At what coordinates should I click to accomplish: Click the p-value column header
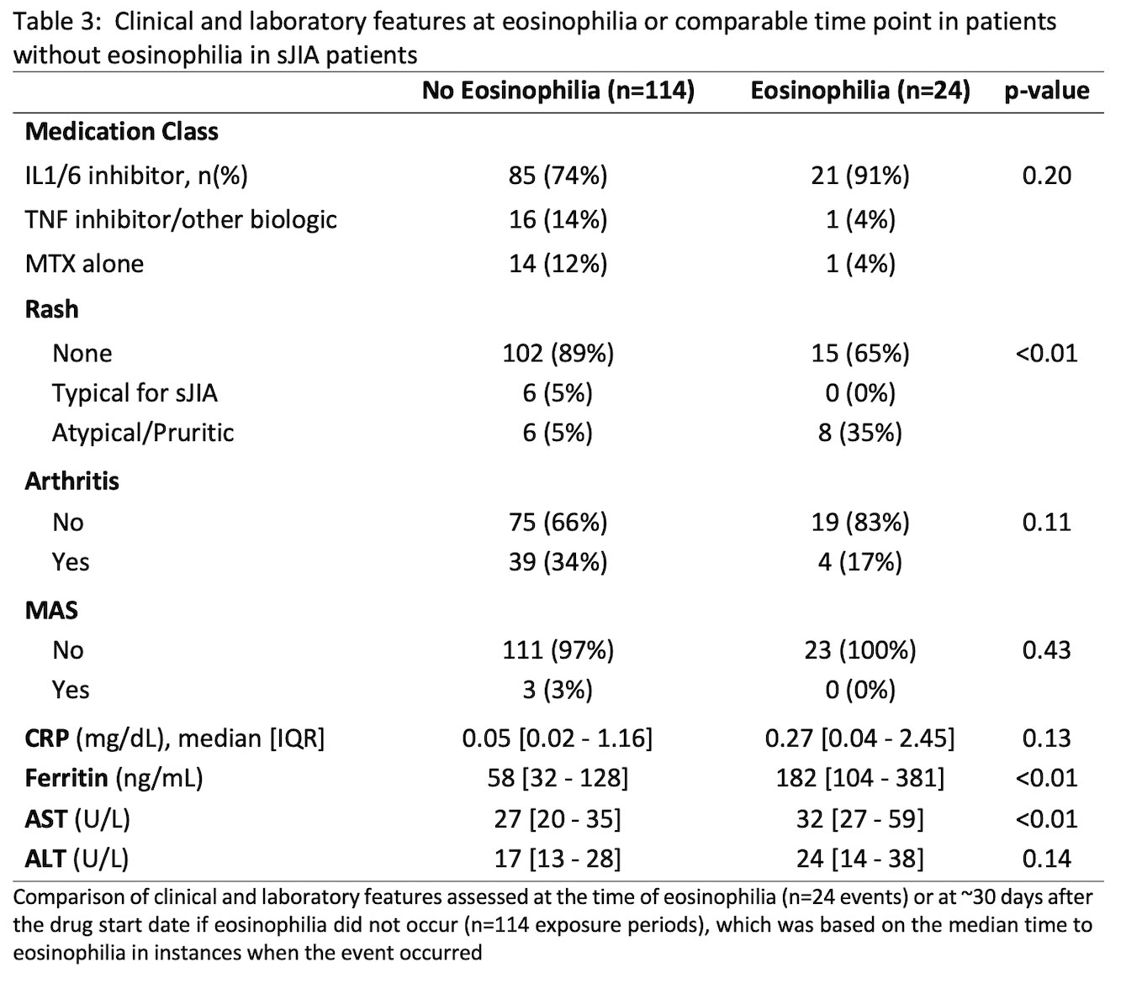coord(1046,90)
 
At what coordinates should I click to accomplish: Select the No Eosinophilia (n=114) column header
coord(558,90)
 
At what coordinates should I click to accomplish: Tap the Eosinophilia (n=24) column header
coord(859,90)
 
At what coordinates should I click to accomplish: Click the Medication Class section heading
coord(122,132)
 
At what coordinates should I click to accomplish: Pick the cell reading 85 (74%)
coord(558,176)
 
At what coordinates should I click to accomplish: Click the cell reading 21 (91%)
coord(859,176)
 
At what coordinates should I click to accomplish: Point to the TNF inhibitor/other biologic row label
coord(181,220)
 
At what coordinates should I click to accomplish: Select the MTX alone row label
coord(84,265)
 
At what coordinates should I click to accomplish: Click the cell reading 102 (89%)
coord(558,353)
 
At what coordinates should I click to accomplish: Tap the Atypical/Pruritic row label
coord(143,433)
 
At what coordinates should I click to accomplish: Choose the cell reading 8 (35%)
coord(859,433)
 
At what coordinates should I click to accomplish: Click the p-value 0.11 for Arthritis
coord(1046,523)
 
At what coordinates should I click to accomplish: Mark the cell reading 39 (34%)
coord(558,562)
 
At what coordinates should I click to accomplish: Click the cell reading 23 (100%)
coord(859,650)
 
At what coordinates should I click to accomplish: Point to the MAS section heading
coord(51,610)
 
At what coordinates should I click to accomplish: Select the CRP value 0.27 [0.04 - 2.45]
coord(859,739)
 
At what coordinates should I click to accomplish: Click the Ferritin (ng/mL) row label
coord(114,778)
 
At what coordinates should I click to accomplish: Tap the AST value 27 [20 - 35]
coord(558,818)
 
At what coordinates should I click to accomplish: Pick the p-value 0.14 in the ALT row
coord(1046,859)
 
